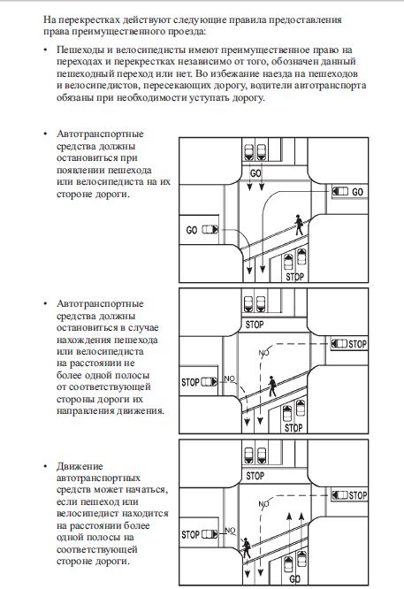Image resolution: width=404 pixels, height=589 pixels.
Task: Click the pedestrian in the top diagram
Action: (x=299, y=225)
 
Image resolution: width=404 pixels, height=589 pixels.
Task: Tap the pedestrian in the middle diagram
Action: (x=272, y=386)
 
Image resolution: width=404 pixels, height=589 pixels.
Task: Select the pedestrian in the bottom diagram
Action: (x=247, y=547)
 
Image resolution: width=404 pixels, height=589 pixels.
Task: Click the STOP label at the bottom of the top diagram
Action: (x=294, y=277)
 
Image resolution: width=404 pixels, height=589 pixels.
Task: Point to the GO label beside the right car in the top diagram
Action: (x=357, y=192)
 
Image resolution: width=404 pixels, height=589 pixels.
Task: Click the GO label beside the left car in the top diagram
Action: (x=192, y=230)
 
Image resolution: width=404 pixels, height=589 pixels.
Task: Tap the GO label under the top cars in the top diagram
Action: (x=255, y=173)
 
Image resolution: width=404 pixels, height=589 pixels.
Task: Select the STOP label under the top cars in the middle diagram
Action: (x=255, y=325)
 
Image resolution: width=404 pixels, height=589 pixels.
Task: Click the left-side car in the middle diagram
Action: (x=210, y=382)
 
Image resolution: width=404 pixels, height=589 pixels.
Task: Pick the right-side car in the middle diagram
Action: (x=339, y=343)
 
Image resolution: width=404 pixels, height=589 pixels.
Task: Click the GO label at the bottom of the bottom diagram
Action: (x=294, y=578)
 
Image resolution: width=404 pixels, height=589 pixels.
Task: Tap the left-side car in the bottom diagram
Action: (x=210, y=534)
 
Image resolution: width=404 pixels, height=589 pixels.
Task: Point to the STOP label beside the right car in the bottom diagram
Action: (x=358, y=495)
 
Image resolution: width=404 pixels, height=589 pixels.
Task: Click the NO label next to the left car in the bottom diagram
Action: (x=230, y=531)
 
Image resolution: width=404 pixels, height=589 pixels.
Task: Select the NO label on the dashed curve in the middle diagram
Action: (x=264, y=352)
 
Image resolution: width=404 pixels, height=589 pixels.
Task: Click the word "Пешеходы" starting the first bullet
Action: (x=78, y=50)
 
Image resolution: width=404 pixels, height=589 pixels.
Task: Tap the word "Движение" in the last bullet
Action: (x=80, y=466)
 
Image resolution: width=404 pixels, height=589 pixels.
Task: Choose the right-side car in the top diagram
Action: (x=340, y=191)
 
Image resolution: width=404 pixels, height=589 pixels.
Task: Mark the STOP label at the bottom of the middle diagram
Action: (x=293, y=428)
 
